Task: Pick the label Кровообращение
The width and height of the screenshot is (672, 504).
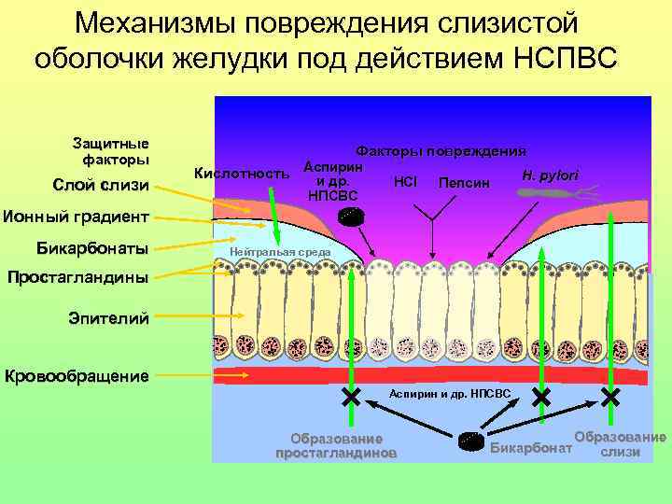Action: click(77, 377)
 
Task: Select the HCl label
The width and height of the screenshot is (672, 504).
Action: click(406, 178)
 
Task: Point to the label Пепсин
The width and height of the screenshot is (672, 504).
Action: click(464, 182)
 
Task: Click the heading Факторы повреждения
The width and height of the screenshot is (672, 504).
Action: click(441, 150)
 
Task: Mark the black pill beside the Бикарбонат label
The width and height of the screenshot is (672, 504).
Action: click(471, 441)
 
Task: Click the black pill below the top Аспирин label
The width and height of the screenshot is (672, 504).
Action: click(352, 217)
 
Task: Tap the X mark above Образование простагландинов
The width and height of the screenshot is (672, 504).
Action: click(351, 398)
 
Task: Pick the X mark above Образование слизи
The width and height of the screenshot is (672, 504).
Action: click(610, 398)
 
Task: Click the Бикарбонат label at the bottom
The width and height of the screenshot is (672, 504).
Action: click(531, 447)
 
